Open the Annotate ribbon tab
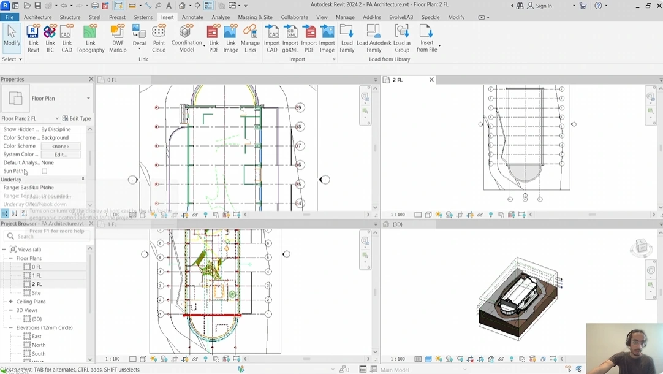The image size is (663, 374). click(192, 17)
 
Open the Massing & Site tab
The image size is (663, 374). click(255, 17)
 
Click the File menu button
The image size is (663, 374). click(10, 17)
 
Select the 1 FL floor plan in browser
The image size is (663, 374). click(37, 276)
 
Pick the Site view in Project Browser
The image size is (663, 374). click(36, 293)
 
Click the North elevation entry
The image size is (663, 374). click(38, 345)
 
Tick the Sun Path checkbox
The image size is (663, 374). click(45, 171)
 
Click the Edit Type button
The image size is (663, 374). click(77, 118)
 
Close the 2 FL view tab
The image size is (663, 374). click(431, 80)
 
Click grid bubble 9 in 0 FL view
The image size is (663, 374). click(300, 107)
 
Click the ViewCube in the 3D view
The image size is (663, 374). click(641, 246)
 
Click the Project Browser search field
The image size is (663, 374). click(49, 236)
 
